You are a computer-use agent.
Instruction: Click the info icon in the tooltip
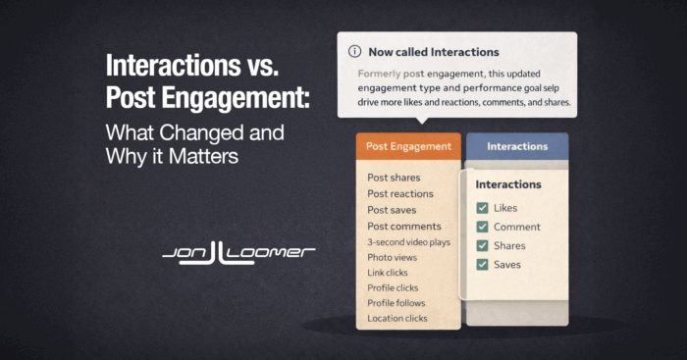tap(353, 51)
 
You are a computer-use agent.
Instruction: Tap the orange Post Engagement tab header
tap(408, 146)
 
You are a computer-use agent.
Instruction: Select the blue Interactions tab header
tap(517, 146)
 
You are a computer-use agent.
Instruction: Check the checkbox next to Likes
tap(483, 208)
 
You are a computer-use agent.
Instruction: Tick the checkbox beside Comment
tap(483, 227)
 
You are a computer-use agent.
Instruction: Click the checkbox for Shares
tap(483, 245)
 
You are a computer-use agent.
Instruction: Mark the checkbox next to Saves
tap(483, 264)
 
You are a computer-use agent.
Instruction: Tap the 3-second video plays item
tap(408, 241)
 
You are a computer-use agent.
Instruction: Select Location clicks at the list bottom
tap(398, 319)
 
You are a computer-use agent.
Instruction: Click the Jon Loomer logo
tap(238, 255)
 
